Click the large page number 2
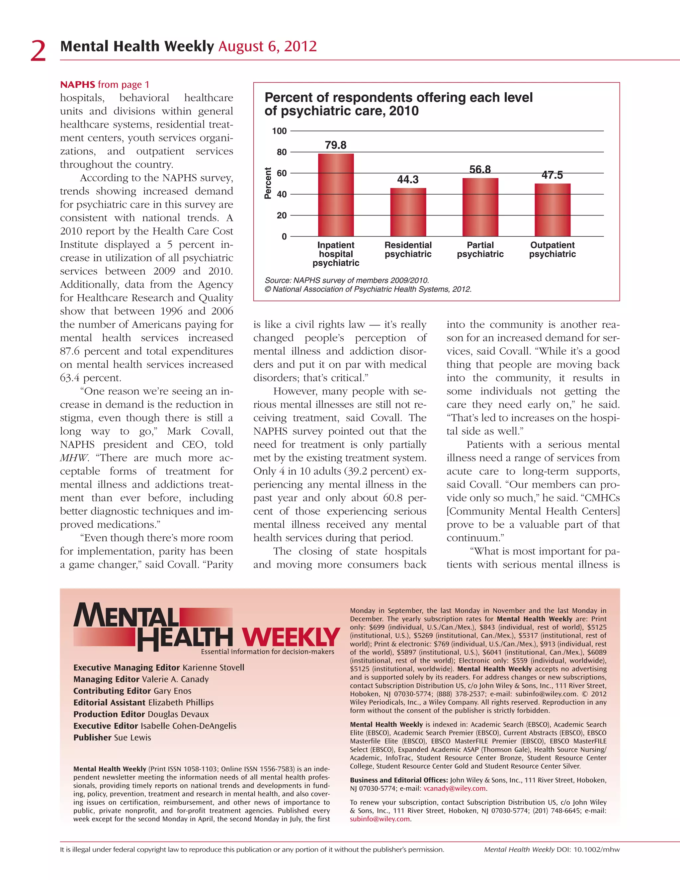click(38, 51)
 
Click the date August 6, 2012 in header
click(268, 47)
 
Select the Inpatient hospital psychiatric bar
click(336, 195)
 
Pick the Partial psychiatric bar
click(480, 207)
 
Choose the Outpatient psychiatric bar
click(552, 210)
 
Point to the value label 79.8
click(336, 145)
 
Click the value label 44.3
click(408, 179)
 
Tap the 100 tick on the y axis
click(279, 131)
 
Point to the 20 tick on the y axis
click(282, 216)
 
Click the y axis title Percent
click(268, 183)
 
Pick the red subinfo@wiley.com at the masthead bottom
click(380, 819)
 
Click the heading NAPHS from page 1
click(105, 85)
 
